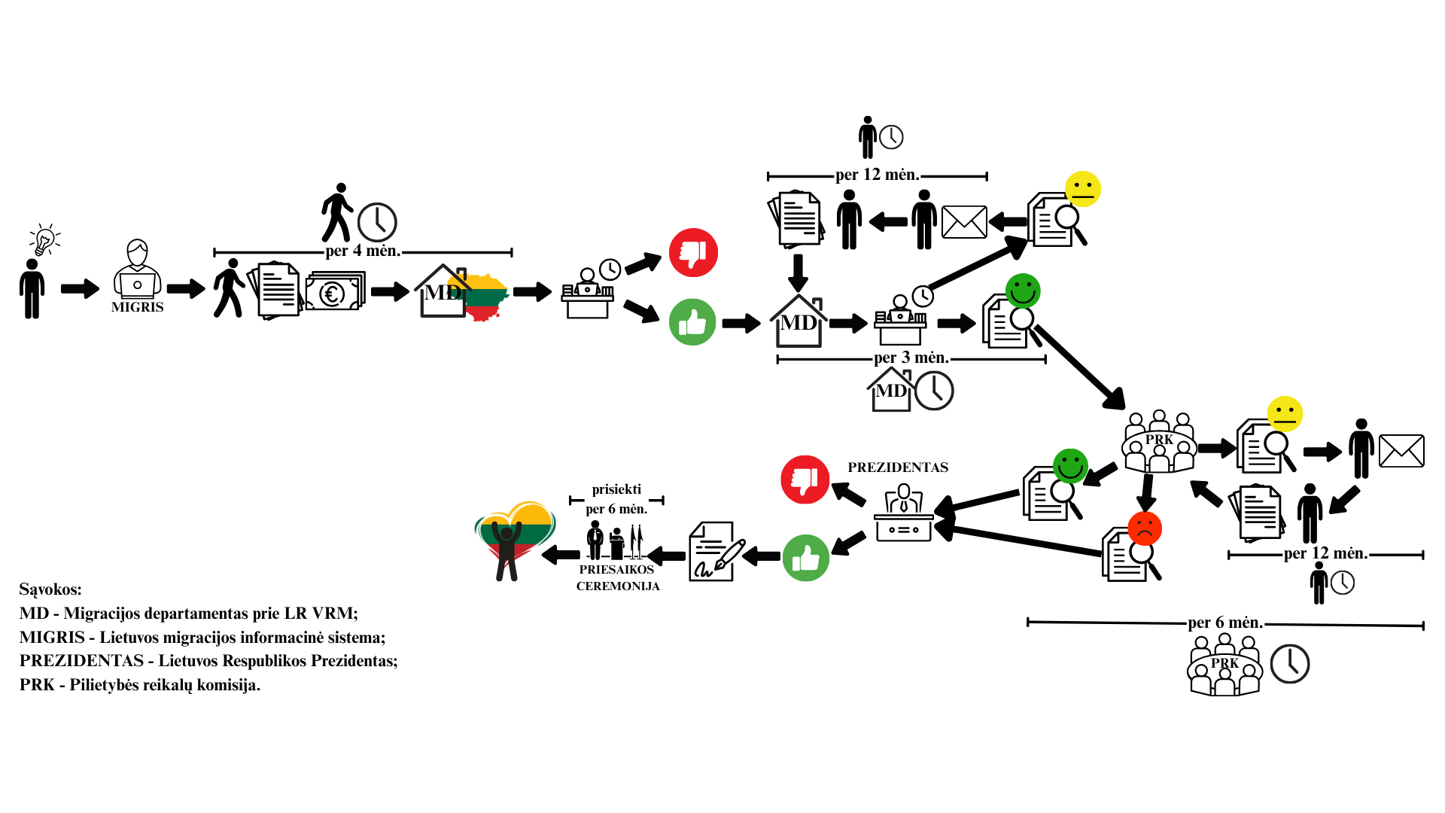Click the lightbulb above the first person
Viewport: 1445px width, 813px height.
tap(45, 239)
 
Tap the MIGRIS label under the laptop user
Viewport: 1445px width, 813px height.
tap(137, 307)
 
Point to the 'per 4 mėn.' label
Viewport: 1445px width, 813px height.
tap(363, 251)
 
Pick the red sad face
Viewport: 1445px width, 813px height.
tap(1145, 528)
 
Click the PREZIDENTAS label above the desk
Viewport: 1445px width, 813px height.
tap(898, 467)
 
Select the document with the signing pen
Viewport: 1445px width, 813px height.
tap(716, 552)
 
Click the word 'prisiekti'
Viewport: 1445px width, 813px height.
tap(616, 489)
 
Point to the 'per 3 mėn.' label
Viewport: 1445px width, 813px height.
tap(911, 358)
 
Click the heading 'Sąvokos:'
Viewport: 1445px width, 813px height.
tap(50, 589)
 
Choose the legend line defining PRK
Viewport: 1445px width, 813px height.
tap(140, 685)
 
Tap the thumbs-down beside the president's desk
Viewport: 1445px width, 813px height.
tap(805, 480)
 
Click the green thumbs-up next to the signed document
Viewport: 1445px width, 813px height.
tap(806, 558)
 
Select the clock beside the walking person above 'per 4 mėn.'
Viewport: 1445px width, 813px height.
tap(377, 222)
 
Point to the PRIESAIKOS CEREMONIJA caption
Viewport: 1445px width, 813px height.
tap(618, 578)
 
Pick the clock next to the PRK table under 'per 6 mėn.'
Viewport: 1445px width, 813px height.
tap(1290, 664)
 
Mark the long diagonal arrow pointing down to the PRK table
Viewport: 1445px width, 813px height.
tap(1080, 367)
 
